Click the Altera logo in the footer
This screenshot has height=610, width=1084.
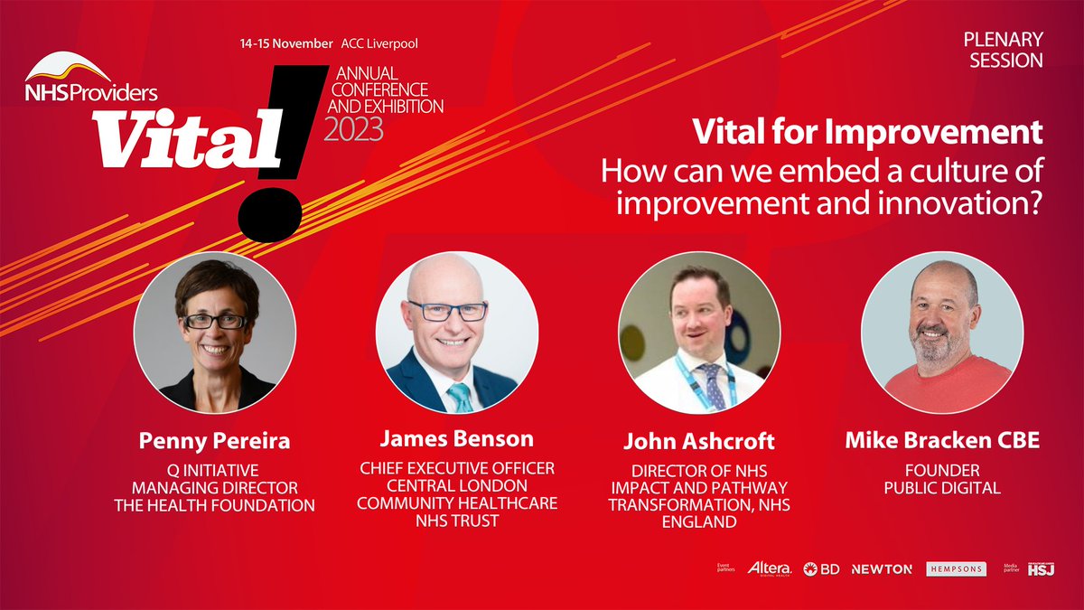pos(770,568)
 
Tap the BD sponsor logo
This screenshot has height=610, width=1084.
pos(820,568)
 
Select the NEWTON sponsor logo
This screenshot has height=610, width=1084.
pos(882,568)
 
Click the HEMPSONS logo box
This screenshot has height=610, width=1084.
pos(955,568)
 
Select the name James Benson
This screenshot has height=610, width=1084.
pos(455,439)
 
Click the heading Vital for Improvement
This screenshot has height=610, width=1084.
pos(867,133)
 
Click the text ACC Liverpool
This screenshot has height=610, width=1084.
pos(379,43)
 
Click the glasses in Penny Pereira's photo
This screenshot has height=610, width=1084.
pos(214,321)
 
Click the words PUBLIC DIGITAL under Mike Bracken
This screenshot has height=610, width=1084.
pos(941,488)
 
